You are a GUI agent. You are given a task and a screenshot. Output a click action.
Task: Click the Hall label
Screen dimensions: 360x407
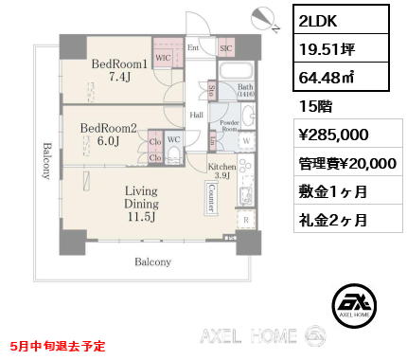point(197,116)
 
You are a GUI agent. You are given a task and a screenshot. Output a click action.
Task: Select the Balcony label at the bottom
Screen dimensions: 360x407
point(151,262)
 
